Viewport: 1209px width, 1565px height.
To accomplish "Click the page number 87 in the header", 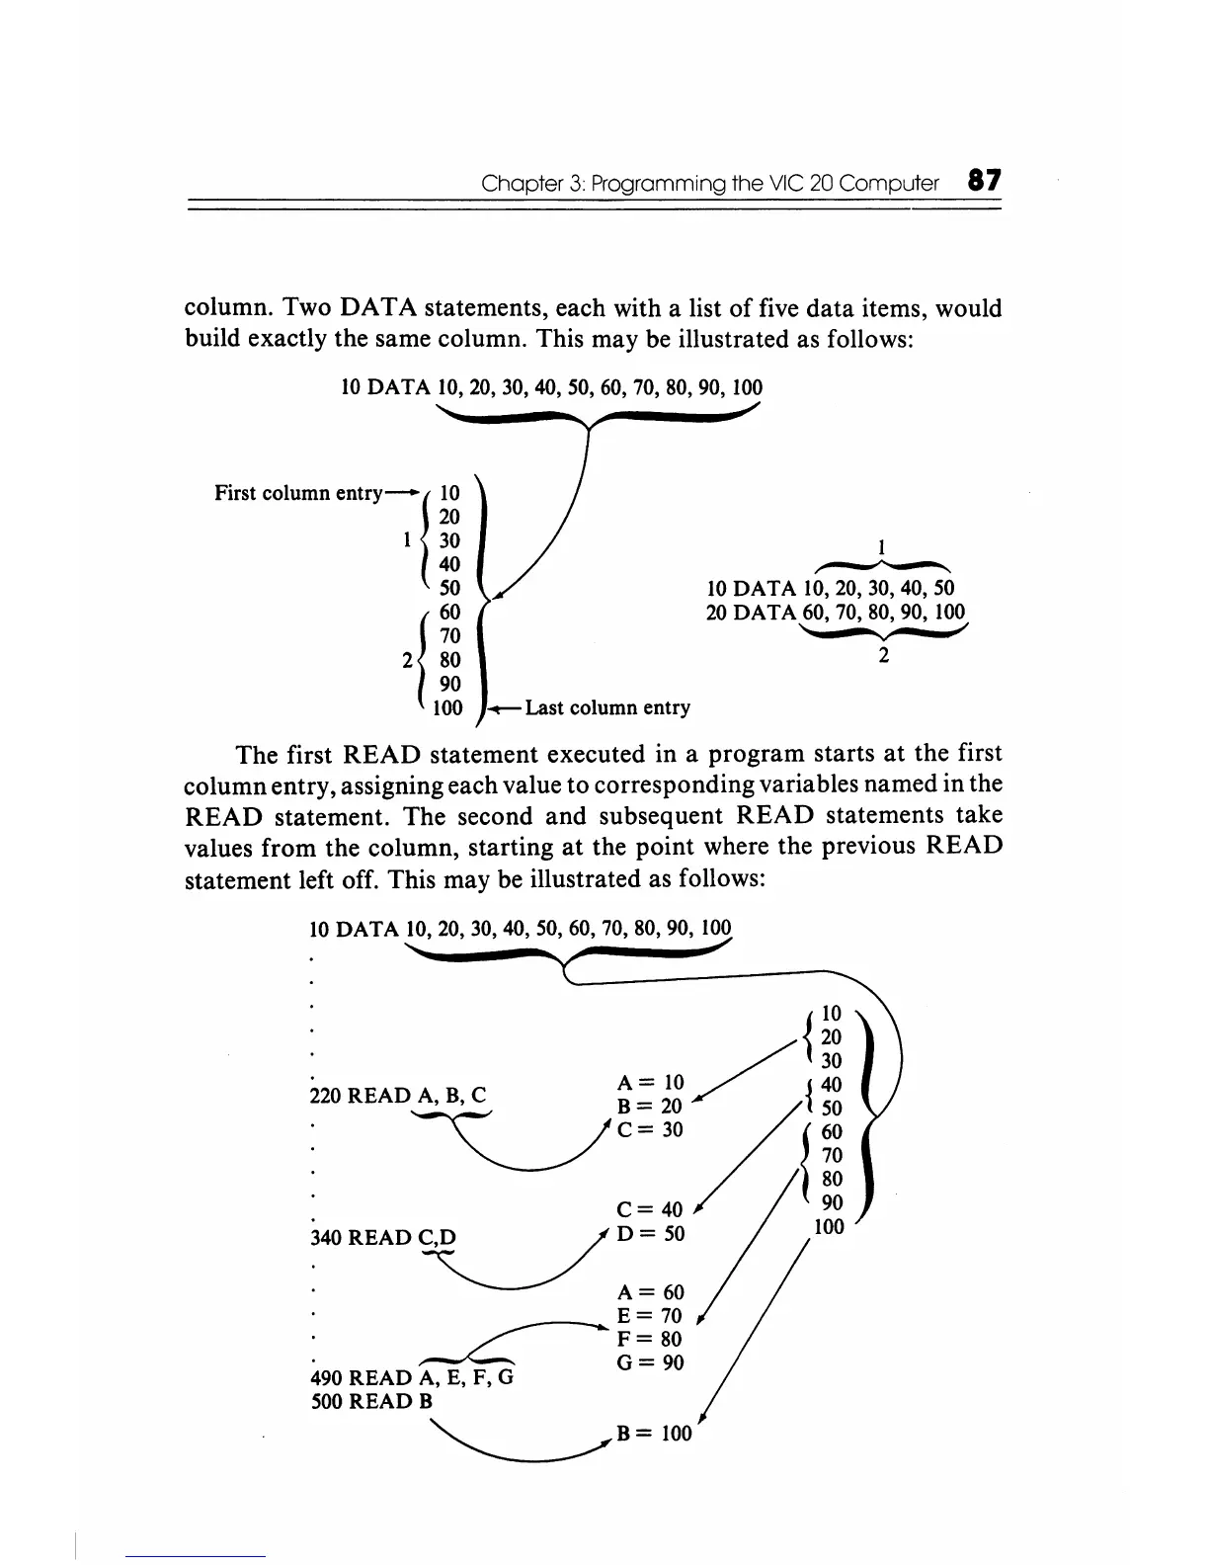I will click(984, 181).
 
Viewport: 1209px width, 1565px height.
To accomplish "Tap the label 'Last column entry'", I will click(607, 707).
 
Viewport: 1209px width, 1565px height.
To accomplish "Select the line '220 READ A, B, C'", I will click(398, 1095).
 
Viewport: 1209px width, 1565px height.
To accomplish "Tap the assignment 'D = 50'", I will click(649, 1234).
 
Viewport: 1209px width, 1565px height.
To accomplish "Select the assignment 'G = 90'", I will click(649, 1362).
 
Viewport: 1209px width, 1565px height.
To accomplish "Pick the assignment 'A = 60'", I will click(649, 1292).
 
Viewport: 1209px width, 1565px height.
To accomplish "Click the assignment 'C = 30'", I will click(649, 1128).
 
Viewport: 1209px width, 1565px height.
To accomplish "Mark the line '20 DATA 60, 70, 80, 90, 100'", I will click(836, 613).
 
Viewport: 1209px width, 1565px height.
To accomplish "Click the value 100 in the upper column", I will click(447, 707).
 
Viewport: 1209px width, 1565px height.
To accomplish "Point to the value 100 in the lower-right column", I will click(830, 1227).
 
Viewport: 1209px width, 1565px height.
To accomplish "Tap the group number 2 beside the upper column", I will click(407, 659).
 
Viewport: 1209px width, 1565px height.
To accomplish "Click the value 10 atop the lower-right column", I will click(832, 1013).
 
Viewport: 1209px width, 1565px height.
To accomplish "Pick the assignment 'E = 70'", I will click(649, 1316).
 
